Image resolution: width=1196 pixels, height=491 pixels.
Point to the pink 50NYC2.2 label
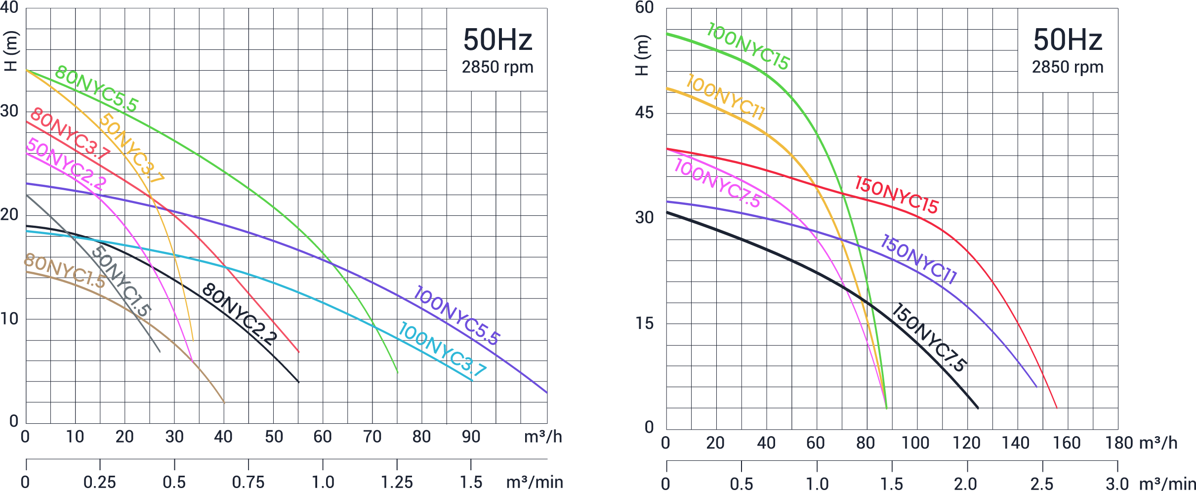point(66,164)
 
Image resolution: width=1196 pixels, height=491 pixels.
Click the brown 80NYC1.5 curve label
point(64,271)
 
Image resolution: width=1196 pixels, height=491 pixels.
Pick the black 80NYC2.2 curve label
point(239,314)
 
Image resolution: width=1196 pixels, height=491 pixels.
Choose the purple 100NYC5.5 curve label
point(457,315)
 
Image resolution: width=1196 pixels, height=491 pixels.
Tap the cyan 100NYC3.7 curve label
point(443,349)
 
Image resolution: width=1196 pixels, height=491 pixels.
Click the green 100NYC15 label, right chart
point(748,46)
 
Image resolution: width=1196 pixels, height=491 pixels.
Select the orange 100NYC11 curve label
point(725,97)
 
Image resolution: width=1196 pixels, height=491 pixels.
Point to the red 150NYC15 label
point(897,195)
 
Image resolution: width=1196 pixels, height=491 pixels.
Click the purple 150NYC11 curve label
point(918,259)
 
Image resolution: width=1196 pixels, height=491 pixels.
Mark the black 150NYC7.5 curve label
point(929,337)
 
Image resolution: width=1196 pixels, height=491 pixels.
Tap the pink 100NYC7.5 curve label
point(717,183)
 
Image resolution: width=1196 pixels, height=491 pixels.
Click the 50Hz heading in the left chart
point(497,40)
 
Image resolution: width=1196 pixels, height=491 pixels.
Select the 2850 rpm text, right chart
point(1067,67)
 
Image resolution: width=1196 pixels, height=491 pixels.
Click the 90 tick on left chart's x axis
point(471,437)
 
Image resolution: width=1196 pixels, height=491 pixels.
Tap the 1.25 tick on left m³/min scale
point(397,482)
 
